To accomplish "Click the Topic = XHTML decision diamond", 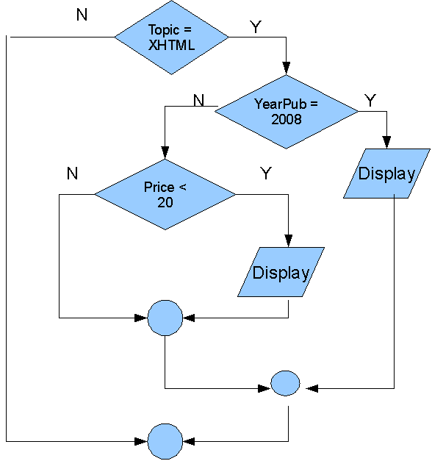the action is coord(171,37).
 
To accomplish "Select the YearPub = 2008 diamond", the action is coord(287,112).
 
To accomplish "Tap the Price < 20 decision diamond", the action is coord(165,194).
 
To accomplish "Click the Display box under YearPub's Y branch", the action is coord(386,174).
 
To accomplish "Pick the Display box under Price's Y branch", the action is coord(281,272).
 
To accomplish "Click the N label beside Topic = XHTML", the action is coord(82,15).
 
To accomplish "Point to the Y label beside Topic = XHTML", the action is coord(256,27).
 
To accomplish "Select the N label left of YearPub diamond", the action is coord(198,100).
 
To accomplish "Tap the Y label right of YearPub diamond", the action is coord(370,101).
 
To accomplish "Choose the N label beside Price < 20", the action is coord(72,174).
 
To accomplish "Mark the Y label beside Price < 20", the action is coord(266,174).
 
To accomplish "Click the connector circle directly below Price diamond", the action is coord(165,318).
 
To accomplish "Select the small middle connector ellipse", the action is coord(285,383).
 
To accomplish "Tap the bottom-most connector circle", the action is coord(165,441).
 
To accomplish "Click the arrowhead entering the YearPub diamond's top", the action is coord(287,68).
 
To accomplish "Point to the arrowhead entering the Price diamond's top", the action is coord(165,153).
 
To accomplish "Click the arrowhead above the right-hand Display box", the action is coord(386,143).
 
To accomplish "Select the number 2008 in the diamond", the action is coord(287,119).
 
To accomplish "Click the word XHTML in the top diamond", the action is coord(171,46).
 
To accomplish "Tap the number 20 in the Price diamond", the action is coord(165,202).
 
